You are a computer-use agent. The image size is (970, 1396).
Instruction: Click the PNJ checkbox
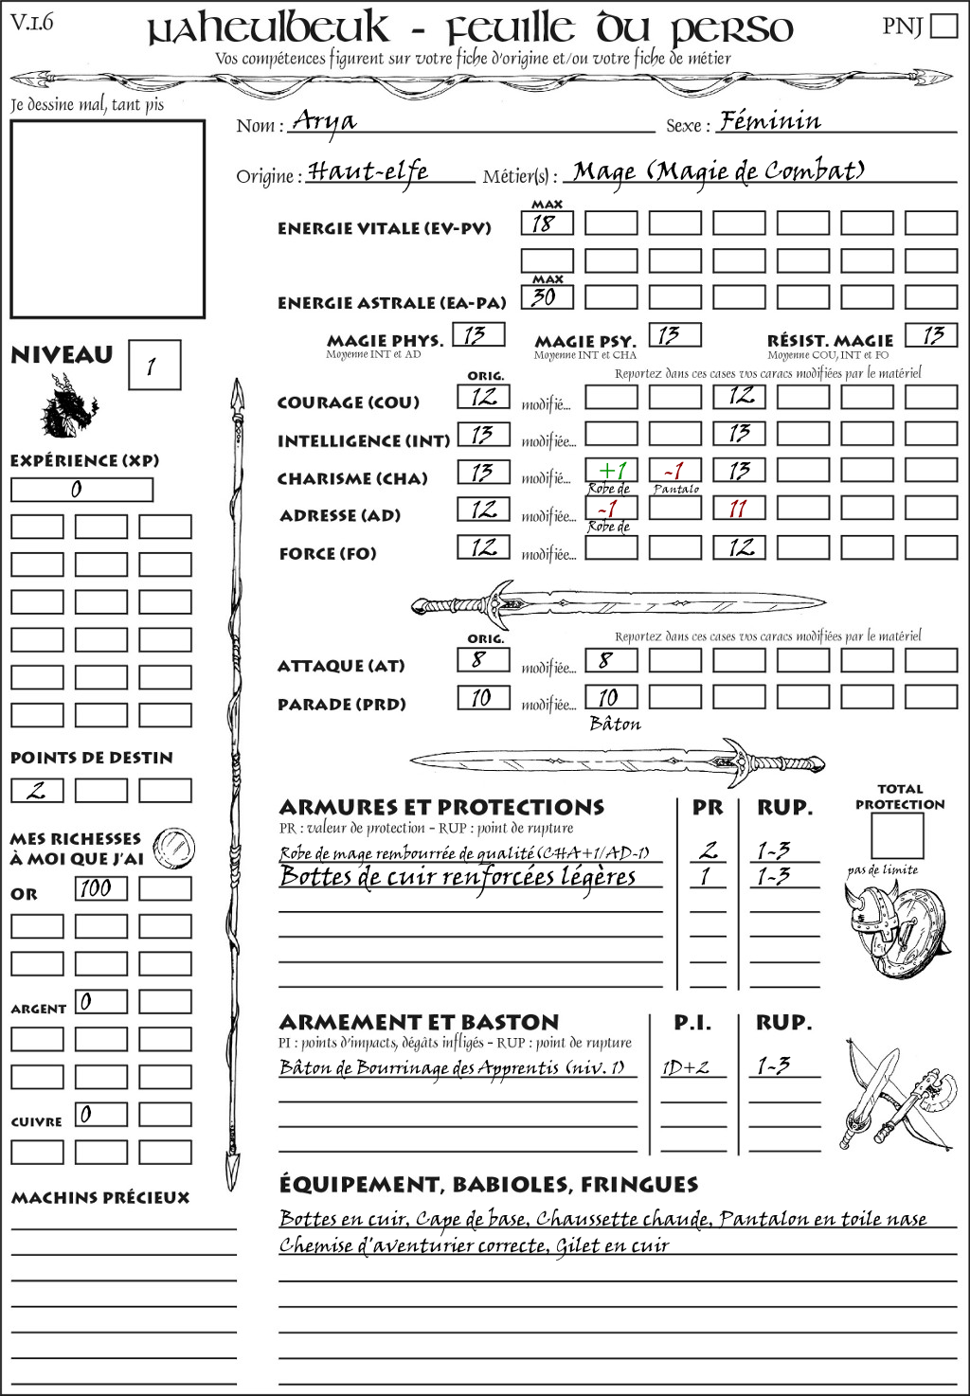[943, 26]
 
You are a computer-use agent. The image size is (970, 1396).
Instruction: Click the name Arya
[325, 121]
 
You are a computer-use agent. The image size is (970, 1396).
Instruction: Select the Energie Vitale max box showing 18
[547, 224]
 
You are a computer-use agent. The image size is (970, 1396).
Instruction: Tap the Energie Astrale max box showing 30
[547, 296]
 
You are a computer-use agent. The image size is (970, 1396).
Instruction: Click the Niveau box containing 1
[153, 366]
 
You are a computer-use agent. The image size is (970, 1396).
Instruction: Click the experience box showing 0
[81, 490]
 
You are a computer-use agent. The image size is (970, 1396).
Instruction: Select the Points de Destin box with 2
[37, 791]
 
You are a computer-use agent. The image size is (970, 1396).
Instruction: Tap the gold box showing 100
[100, 888]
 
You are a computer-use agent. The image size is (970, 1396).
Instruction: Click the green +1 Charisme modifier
[611, 471]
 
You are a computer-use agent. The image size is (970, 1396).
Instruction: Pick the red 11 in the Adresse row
[739, 509]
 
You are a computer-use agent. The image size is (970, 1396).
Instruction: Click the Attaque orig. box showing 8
[483, 659]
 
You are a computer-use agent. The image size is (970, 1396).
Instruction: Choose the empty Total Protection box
[896, 836]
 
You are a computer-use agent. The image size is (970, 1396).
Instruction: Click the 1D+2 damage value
[686, 1067]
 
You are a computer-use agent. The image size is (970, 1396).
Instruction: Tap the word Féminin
[770, 121]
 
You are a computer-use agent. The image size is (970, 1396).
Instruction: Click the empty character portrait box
[107, 219]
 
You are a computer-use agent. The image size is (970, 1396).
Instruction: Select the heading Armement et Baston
[419, 1023]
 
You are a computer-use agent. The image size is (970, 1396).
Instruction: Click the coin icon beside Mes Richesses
[174, 846]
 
